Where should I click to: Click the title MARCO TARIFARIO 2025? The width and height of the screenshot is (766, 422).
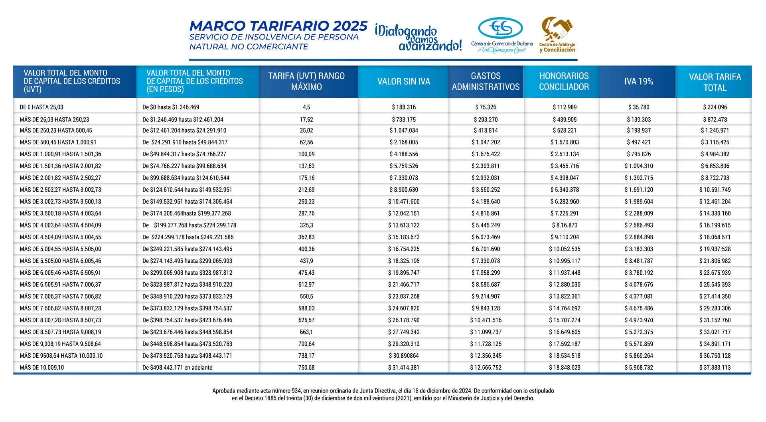tap(278, 26)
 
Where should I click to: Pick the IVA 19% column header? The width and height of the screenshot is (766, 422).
tap(638, 81)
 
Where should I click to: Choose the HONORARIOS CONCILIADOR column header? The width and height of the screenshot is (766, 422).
tap(564, 81)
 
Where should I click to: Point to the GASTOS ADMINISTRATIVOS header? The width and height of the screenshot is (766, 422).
tap(486, 81)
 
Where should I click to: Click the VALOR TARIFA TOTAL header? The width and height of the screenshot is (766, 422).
tap(715, 82)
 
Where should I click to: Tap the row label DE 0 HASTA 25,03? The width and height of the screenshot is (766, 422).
tap(41, 107)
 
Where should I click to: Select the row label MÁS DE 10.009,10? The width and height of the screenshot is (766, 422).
tap(41, 367)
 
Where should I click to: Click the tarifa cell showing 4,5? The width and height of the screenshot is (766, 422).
tap(306, 107)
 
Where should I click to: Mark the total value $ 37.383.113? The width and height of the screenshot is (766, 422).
tap(715, 367)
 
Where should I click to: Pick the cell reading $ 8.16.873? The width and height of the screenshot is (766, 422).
tap(565, 225)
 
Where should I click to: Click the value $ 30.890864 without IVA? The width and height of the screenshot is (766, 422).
tap(404, 355)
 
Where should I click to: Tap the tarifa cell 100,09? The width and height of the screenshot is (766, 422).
tap(306, 154)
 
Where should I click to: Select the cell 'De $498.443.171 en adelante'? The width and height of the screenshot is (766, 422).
tap(178, 367)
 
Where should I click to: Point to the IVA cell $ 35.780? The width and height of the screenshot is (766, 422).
tap(639, 107)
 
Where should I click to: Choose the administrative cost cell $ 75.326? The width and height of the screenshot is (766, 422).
tap(486, 107)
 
